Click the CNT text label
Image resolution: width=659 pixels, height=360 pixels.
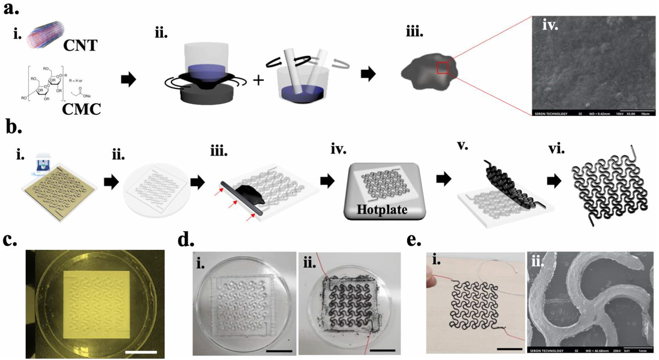(80, 46)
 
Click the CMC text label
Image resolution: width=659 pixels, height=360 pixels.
(81, 109)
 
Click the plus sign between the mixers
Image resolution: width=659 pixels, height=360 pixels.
(259, 80)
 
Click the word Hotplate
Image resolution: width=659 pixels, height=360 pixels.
(382, 210)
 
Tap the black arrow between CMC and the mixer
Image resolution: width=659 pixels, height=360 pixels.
(128, 79)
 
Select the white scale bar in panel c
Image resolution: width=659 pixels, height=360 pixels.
(141, 352)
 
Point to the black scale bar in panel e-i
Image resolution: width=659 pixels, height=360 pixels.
(509, 349)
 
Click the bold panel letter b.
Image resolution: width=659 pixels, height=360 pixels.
(14, 128)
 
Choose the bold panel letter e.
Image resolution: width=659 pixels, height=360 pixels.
(413, 240)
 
